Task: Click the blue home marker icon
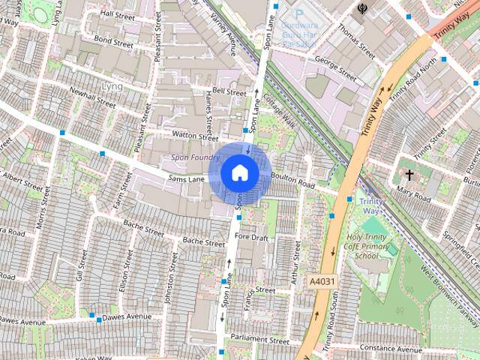[239, 172]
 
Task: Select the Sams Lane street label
[187, 180]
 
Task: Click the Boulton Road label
[292, 181]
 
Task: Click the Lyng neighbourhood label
[111, 86]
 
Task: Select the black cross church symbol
[409, 175]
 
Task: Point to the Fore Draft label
[251, 237]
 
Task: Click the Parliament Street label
[259, 340]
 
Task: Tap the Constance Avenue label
[390, 349]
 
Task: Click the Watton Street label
[194, 136]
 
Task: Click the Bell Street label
[229, 91]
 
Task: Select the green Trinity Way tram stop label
[370, 206]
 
